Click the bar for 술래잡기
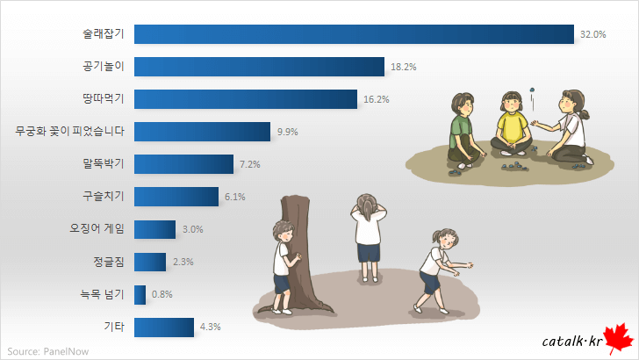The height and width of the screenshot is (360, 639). (355, 34)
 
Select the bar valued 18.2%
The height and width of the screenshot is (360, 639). (260, 67)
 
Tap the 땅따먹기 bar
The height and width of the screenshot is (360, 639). (246, 99)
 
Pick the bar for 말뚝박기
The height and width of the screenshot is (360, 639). (184, 164)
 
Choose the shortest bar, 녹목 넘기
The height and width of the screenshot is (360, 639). (140, 294)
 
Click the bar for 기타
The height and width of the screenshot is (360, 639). (164, 327)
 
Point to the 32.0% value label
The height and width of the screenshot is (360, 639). (593, 35)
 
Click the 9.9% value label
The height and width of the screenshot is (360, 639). (288, 132)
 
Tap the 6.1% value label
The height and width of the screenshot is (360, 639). (234, 197)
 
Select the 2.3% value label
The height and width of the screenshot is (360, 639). (183, 262)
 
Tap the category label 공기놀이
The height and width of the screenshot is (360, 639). (102, 67)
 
